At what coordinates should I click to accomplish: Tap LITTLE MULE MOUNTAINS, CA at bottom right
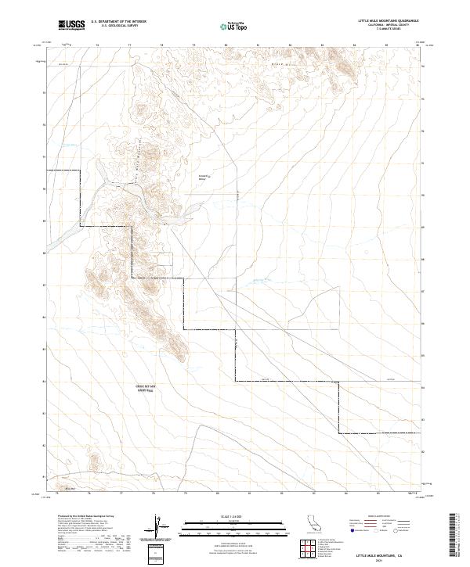[x=384, y=554]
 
